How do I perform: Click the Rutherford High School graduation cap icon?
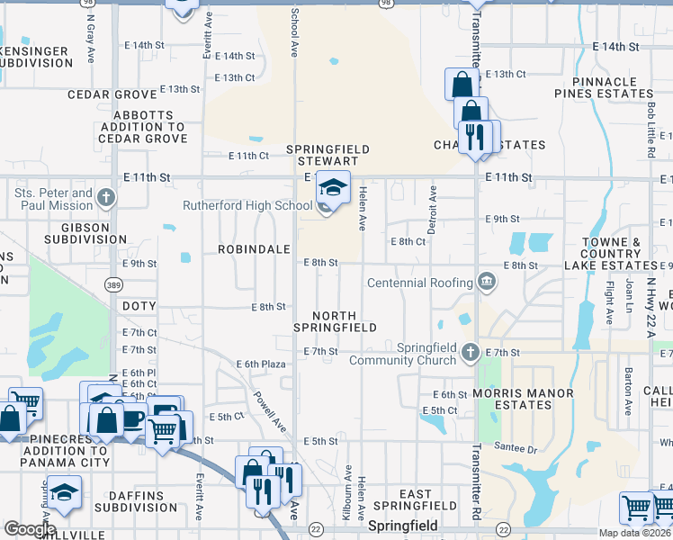coord(333,187)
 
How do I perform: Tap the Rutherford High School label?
coord(247,205)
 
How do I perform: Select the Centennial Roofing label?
coord(420,283)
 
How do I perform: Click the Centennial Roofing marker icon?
coord(487,282)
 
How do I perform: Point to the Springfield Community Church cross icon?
coord(471,352)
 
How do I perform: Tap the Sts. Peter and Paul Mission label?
coord(54,199)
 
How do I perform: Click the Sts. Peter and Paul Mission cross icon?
coord(106,197)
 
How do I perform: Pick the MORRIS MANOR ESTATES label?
coord(525,400)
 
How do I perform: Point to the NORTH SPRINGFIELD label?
coord(344,321)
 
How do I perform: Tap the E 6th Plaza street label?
coord(261,364)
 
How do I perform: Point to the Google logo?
coord(30,529)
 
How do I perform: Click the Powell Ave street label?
coord(268,413)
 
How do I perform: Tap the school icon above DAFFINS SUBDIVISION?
coord(64,490)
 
